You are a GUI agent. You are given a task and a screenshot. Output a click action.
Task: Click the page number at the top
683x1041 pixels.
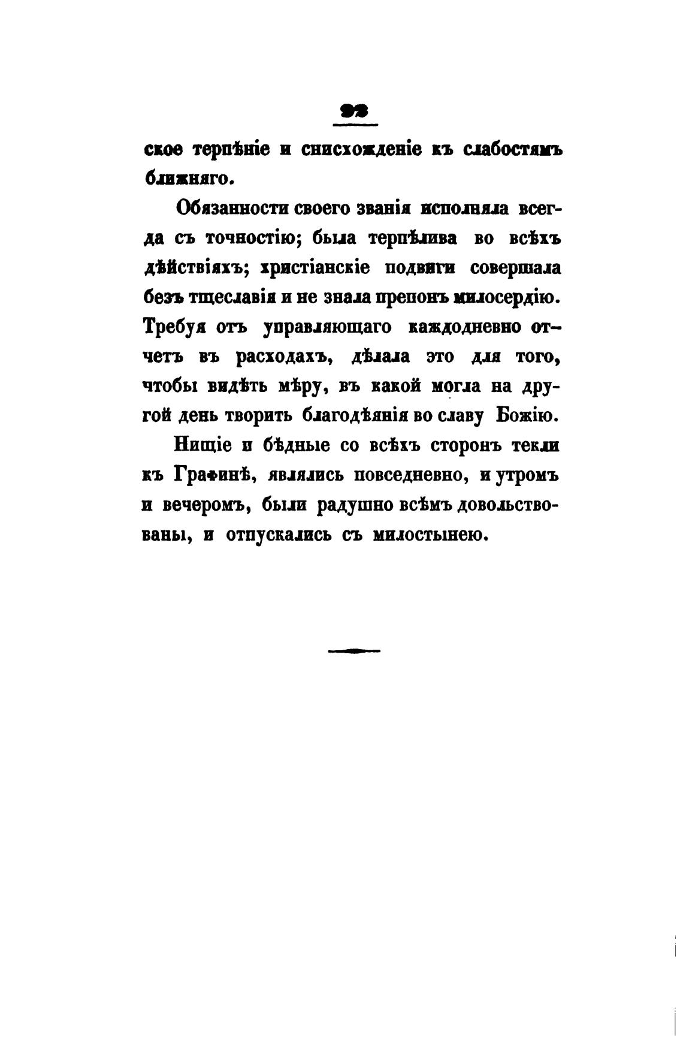coord(354,110)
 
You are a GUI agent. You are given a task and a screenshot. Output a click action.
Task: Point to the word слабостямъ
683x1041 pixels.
coord(513,149)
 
